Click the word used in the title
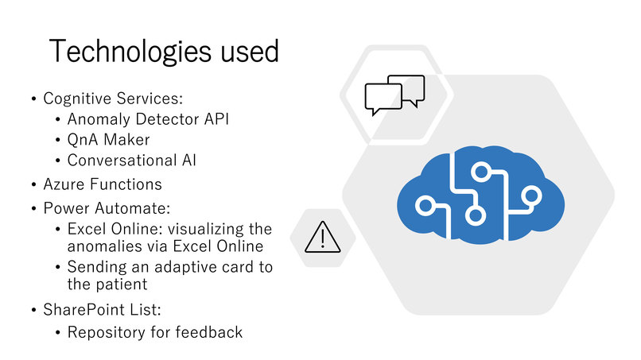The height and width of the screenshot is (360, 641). (x=250, y=51)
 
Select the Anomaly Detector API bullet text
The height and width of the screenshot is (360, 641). (x=148, y=119)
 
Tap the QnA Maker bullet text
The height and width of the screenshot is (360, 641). (x=109, y=140)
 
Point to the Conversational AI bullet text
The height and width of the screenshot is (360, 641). (x=132, y=161)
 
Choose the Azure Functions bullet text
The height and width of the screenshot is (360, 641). (x=103, y=184)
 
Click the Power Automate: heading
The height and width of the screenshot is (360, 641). (x=107, y=208)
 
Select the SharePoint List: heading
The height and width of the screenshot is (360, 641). (x=103, y=310)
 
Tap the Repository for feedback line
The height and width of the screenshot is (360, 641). (x=155, y=332)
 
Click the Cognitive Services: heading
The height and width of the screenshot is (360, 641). (x=113, y=99)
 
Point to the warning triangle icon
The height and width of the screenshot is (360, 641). (x=323, y=238)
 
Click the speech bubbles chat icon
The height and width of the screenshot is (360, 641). (x=395, y=95)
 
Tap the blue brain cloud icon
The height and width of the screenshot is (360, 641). (x=480, y=195)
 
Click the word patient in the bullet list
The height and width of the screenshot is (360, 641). (x=121, y=285)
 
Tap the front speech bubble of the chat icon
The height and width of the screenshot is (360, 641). (x=383, y=99)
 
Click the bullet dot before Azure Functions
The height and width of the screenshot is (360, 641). (x=34, y=184)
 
